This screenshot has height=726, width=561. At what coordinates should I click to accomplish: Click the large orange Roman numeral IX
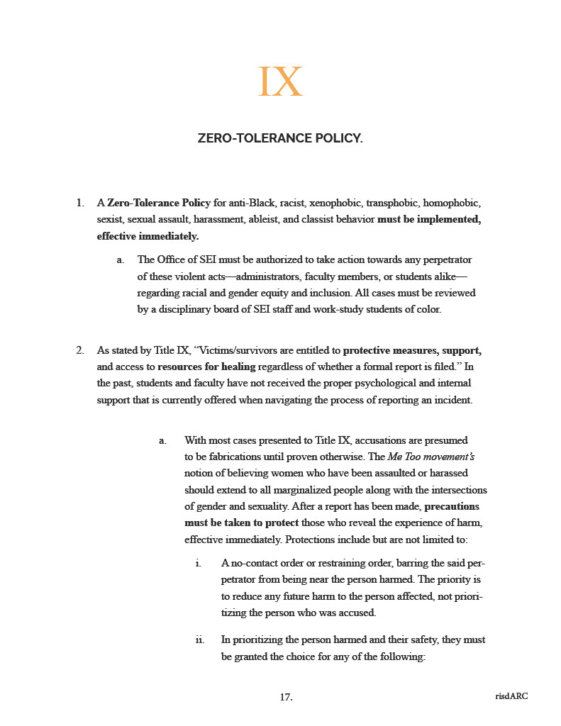coord(280,82)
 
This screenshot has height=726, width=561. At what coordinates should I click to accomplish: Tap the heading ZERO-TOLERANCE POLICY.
coord(280,138)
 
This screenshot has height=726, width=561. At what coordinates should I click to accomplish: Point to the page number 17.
coord(286,697)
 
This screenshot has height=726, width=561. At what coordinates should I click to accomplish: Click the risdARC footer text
coord(511,696)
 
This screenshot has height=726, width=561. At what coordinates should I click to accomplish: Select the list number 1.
coord(80,203)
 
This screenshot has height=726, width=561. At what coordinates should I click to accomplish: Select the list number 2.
coord(80,350)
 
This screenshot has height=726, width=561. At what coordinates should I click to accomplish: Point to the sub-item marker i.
coord(199,564)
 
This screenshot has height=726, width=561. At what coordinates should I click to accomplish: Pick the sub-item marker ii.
coord(200,640)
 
